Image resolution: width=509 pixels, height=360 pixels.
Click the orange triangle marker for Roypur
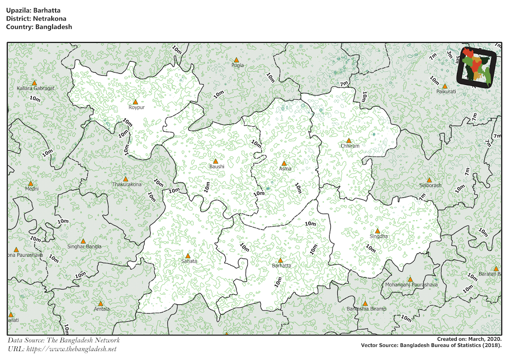[135, 102]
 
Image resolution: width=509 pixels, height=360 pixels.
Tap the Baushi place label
[216, 167]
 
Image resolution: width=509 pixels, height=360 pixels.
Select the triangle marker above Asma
[284, 163]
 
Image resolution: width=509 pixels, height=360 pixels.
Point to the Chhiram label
[350, 146]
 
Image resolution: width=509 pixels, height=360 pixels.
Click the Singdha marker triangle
[378, 231]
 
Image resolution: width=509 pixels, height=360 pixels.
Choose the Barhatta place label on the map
[281, 266]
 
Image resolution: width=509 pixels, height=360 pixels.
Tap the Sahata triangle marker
[188, 256]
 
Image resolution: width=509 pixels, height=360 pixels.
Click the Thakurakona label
[127, 185]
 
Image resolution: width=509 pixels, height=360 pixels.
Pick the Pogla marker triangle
[236, 60]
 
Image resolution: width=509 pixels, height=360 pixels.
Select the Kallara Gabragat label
[36, 88]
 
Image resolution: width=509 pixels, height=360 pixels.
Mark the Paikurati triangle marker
[445, 86]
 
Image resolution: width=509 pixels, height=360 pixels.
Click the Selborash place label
[430, 186]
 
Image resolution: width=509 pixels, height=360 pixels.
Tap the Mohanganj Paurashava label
[411, 285]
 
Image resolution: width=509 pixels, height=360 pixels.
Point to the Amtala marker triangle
[101, 304]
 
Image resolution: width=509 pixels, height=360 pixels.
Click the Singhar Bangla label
[84, 247]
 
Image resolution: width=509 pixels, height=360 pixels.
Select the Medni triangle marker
[31, 183]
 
